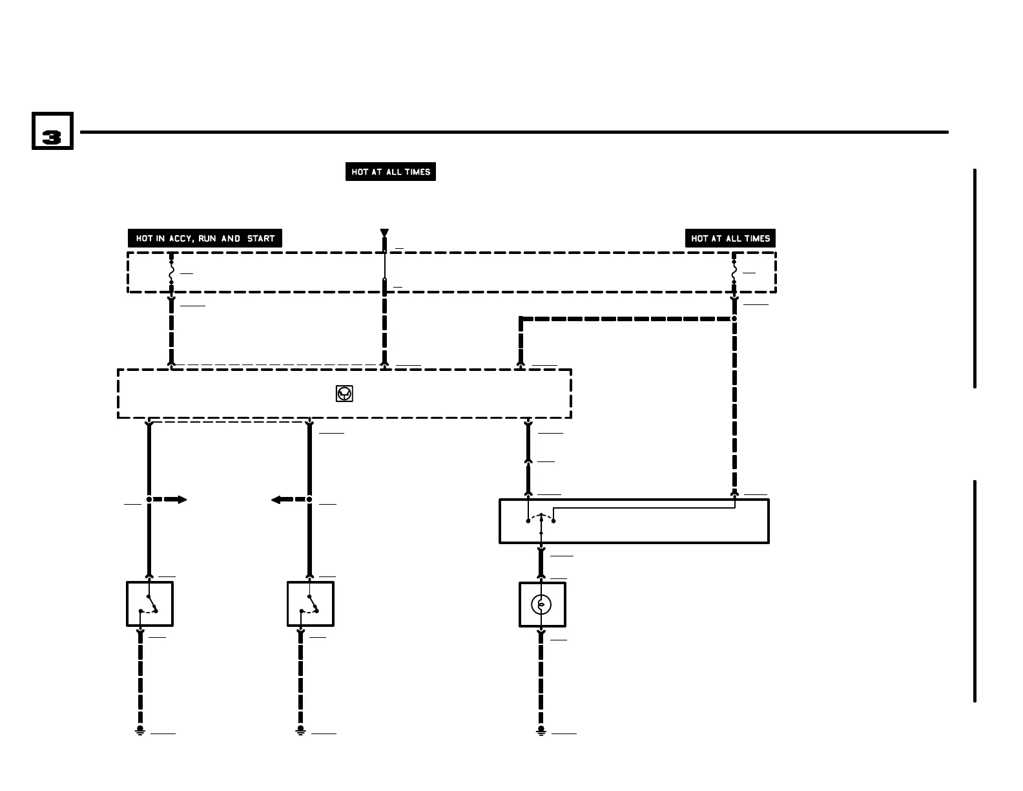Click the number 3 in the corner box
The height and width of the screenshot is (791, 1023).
tap(52, 136)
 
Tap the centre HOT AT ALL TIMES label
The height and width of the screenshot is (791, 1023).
tap(391, 172)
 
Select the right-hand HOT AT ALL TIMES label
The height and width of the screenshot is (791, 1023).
tap(730, 238)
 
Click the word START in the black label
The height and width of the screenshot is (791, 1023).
tap(261, 238)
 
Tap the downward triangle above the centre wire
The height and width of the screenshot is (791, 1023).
tap(384, 233)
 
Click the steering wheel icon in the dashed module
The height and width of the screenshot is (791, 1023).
tap(345, 394)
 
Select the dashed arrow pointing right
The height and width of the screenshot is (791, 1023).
tap(171, 500)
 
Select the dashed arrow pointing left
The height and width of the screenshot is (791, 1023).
tap(287, 500)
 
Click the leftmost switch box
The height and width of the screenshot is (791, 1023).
tap(150, 604)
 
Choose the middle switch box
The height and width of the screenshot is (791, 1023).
tap(311, 604)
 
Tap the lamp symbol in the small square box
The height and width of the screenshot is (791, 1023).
tap(542, 605)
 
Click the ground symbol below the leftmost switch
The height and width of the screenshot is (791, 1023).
tap(140, 730)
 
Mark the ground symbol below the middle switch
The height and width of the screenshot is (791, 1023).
tap(301, 730)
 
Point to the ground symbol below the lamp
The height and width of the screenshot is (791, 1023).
tap(541, 730)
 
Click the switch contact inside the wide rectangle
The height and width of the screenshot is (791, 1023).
tap(541, 519)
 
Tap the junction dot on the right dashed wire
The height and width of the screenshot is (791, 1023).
tap(734, 319)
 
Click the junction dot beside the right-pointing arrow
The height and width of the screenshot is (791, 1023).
tap(149, 500)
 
